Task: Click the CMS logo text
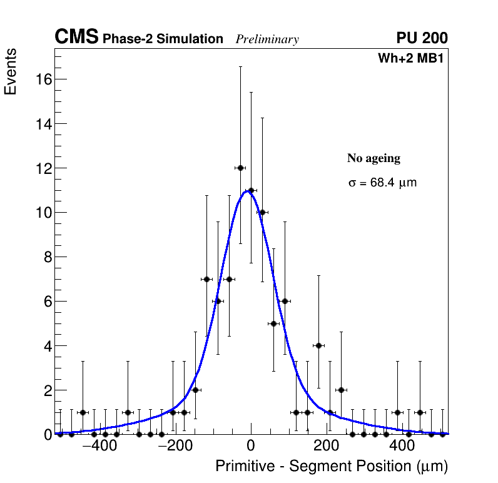pyautogui.click(x=76, y=38)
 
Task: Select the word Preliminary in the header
pyautogui.click(x=267, y=39)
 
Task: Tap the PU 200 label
pyautogui.click(x=422, y=38)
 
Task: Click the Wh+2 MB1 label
pyautogui.click(x=410, y=59)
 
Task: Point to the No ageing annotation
pyautogui.click(x=373, y=158)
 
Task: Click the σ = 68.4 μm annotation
pyautogui.click(x=382, y=183)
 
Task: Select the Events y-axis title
pyautogui.click(x=11, y=72)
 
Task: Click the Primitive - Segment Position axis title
pyautogui.click(x=332, y=466)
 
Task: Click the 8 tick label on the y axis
pyautogui.click(x=46, y=257)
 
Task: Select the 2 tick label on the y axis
pyautogui.click(x=46, y=390)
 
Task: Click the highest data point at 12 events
pyautogui.click(x=240, y=168)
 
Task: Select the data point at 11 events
pyautogui.click(x=251, y=190)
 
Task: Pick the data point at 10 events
pyautogui.click(x=262, y=212)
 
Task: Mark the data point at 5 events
pyautogui.click(x=273, y=323)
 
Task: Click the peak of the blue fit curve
pyautogui.click(x=247, y=191)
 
